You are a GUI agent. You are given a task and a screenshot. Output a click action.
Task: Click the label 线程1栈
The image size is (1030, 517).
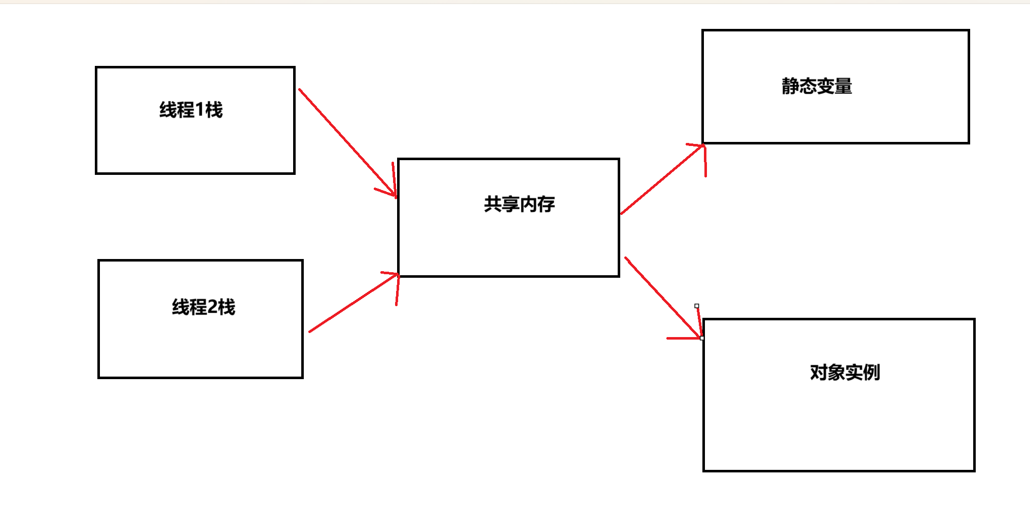[x=191, y=110]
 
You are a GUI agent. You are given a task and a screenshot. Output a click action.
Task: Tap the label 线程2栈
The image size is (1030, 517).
[x=203, y=307]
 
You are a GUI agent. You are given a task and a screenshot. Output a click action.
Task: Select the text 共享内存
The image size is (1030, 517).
[x=519, y=204]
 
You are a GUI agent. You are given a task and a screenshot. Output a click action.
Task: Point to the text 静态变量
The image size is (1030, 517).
[x=816, y=86]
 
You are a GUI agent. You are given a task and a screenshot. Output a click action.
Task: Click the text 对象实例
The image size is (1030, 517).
[x=845, y=373]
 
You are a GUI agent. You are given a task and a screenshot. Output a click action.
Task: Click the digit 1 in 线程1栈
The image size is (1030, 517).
[x=199, y=110]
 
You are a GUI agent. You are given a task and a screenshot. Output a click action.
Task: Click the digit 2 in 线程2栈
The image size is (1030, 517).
[x=212, y=307]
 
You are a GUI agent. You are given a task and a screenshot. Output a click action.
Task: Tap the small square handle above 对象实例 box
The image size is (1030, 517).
[x=697, y=306]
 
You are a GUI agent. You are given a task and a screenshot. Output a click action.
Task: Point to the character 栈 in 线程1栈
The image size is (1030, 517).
[x=214, y=110]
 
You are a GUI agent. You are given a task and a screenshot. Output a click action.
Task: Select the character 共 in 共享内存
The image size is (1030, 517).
[x=493, y=204]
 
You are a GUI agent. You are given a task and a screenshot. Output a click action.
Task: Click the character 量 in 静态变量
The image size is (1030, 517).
[x=843, y=86]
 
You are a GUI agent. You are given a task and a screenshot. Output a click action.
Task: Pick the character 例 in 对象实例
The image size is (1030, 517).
[x=871, y=373]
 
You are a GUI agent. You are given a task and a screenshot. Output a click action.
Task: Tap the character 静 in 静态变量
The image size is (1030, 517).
[x=790, y=86]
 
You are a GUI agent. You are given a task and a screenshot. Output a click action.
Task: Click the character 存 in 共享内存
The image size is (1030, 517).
[x=546, y=204]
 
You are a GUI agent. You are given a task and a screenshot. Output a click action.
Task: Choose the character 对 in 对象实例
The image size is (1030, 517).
[x=819, y=373]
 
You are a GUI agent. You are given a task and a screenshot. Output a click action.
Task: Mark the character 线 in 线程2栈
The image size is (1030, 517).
[x=181, y=307]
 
